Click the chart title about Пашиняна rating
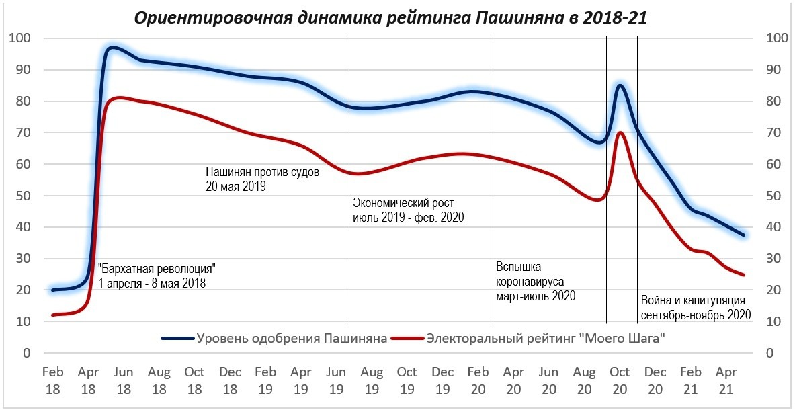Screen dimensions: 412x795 (x=390, y=17)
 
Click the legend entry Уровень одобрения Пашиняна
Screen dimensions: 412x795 (x=275, y=338)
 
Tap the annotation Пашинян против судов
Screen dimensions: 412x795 (x=262, y=179)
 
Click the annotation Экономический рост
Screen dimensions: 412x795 (x=409, y=210)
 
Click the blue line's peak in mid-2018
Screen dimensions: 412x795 (x=112, y=48)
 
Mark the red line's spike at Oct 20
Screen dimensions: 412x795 (x=620, y=132)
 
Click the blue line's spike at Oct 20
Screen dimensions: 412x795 (x=620, y=85)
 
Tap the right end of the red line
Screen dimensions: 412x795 (x=743, y=274)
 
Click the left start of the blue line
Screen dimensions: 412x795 (x=53, y=290)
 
